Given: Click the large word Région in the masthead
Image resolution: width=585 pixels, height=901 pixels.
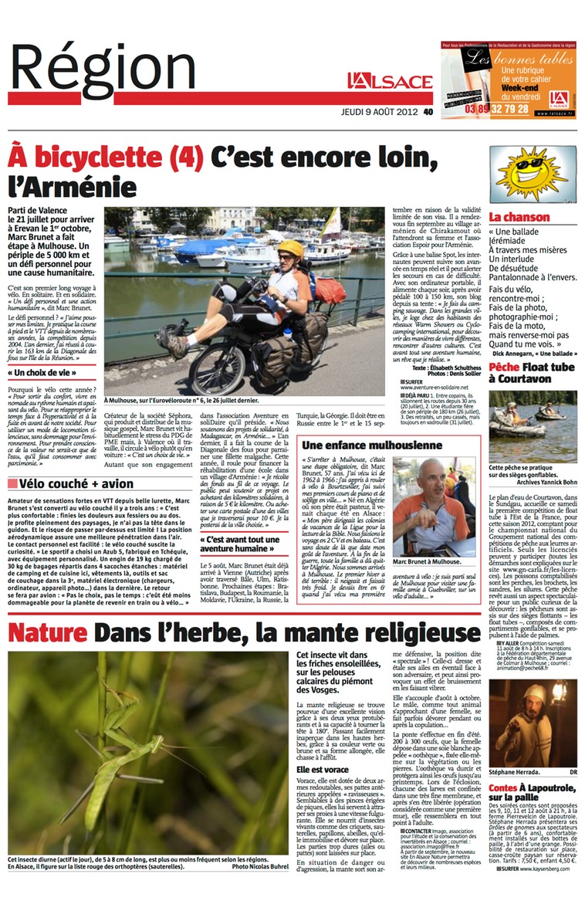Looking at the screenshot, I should [x=103, y=71].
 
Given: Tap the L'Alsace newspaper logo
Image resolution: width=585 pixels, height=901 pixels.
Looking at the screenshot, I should [x=389, y=81].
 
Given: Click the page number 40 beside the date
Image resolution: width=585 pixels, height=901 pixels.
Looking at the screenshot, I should [x=428, y=111].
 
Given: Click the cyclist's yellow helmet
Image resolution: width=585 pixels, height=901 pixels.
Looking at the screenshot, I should [x=290, y=248].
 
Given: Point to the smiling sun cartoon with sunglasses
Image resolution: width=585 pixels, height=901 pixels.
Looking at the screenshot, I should [x=532, y=171].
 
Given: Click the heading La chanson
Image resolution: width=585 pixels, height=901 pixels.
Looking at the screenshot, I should [x=519, y=218].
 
